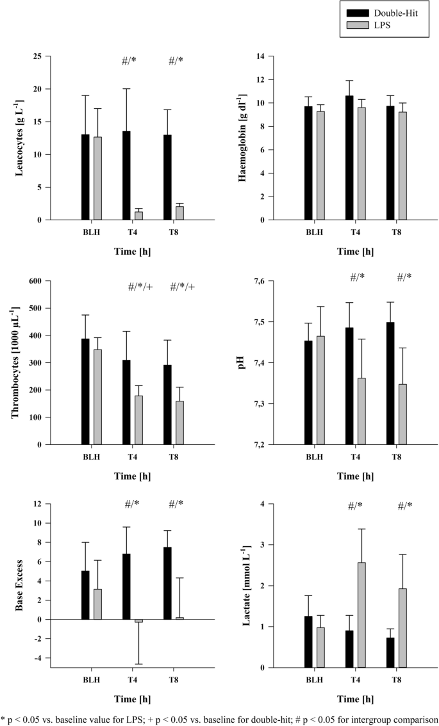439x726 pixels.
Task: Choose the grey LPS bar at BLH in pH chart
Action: [x=320, y=390]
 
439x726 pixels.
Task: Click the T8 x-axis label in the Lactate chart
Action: [x=396, y=679]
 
